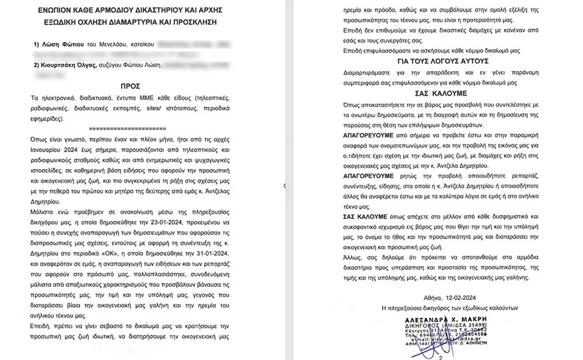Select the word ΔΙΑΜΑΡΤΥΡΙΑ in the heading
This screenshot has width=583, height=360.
pos(164,22)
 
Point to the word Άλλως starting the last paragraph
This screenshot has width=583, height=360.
pos(354,256)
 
